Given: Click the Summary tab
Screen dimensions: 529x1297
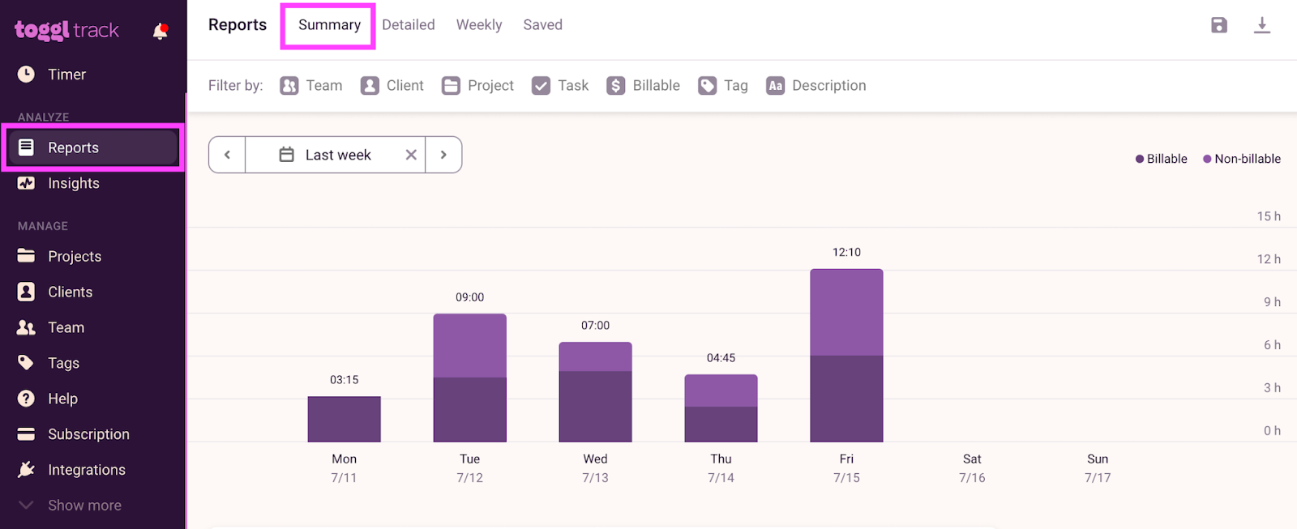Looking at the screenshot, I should [329, 25].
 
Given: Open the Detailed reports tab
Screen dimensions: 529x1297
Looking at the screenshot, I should [409, 25].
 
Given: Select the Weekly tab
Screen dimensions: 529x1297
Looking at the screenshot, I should [479, 25].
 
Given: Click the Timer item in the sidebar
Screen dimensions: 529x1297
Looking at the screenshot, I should [66, 75].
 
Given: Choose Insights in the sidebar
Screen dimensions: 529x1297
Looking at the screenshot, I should [73, 183].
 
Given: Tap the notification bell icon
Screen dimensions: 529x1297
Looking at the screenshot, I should [160, 32].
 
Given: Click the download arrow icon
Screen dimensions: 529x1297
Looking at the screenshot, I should [1262, 25].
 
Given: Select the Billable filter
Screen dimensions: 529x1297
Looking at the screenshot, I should [644, 86].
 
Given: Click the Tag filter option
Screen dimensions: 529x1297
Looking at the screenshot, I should [723, 86].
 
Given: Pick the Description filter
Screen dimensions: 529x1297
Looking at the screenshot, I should [816, 86].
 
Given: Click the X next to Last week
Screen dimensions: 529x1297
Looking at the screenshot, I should [411, 155].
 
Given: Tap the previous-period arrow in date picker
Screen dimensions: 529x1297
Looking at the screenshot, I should [227, 155].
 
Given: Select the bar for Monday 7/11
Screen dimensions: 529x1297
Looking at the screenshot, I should [344, 419].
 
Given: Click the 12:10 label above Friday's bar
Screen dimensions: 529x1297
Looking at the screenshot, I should [846, 252].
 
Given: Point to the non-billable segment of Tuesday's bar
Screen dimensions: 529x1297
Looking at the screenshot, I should [469, 346].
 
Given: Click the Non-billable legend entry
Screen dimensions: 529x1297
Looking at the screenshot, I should [1242, 159].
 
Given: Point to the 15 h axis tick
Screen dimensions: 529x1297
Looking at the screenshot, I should [1269, 216].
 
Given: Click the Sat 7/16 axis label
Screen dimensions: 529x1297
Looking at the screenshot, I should [972, 467].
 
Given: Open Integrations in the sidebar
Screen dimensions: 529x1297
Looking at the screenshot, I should [86, 470].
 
